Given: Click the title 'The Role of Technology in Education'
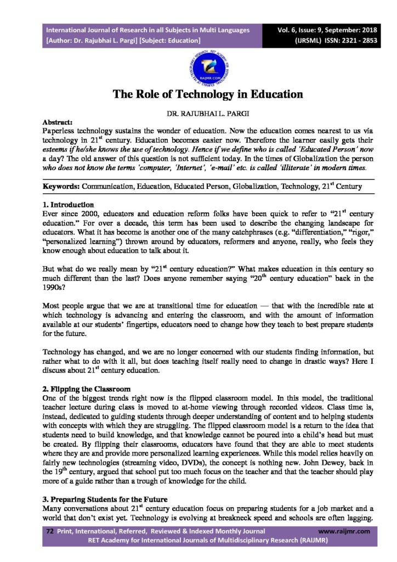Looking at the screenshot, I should (x=208, y=94).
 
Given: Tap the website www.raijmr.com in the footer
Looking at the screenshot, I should (x=344, y=531).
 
